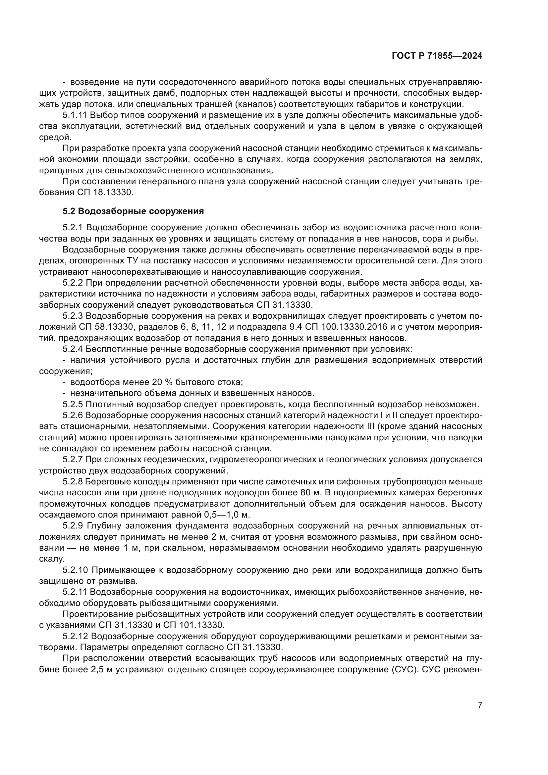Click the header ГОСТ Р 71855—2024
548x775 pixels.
click(x=437, y=56)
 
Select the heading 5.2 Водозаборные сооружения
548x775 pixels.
click(x=133, y=211)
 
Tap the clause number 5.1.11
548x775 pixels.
click(x=75, y=115)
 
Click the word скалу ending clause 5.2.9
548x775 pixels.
click(x=52, y=559)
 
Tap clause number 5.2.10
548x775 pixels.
click(x=75, y=570)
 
